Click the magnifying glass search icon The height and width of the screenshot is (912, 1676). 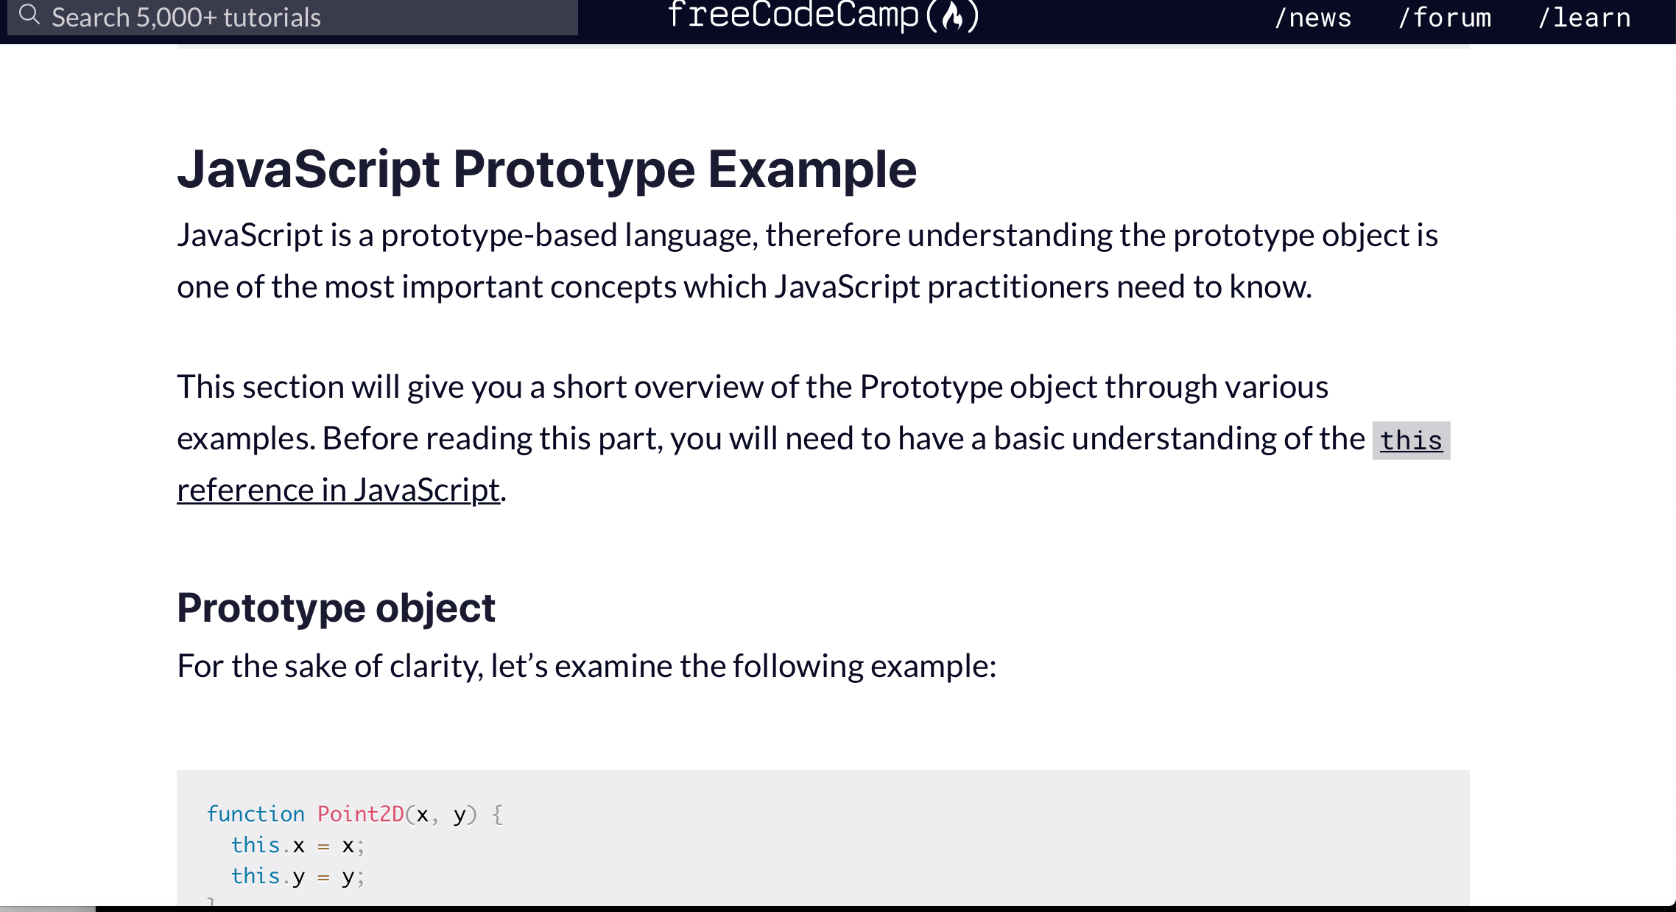(29, 15)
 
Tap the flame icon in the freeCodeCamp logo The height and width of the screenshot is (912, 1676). (953, 16)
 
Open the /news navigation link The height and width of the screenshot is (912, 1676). (1313, 18)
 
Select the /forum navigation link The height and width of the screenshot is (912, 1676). (1445, 18)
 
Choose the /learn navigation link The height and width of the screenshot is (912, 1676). (1584, 18)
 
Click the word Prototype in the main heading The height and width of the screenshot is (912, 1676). (574, 169)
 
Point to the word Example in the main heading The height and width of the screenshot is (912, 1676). (812, 169)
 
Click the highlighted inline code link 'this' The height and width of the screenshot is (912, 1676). (1411, 441)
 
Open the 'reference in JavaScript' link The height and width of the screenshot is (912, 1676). (338, 490)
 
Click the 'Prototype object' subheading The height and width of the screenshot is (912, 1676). (336, 608)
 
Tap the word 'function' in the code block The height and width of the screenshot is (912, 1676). (256, 814)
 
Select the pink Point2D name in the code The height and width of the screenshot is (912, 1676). (361, 814)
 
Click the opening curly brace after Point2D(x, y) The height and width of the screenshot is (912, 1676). (498, 815)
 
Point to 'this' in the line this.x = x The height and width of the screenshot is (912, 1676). (256, 845)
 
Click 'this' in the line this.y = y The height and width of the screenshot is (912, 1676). (256, 876)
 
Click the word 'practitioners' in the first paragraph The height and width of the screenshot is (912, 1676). (1018, 287)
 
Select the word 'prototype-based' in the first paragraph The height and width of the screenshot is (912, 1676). (499, 236)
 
